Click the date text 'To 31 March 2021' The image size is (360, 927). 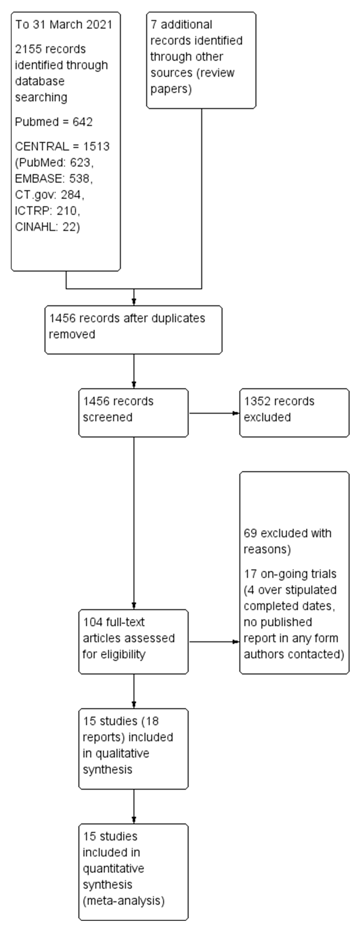[63, 24]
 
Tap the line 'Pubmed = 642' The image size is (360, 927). [54, 122]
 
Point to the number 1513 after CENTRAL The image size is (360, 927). [96, 147]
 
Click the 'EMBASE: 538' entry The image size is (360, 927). [54, 179]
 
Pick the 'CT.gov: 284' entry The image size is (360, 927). [49, 195]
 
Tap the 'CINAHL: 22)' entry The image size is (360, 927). [47, 227]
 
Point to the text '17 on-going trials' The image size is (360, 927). [290, 574]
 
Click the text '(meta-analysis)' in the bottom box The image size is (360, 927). [123, 901]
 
